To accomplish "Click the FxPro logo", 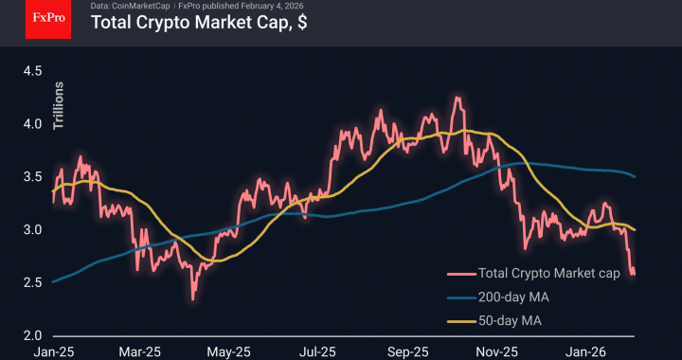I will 49,19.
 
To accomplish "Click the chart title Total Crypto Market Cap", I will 198,24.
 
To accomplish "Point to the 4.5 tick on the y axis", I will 33,71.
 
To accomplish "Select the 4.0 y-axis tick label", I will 33,124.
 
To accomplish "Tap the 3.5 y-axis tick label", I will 33,177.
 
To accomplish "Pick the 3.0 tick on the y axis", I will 33,230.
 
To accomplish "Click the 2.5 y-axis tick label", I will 33,283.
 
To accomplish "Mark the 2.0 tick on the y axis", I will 33,336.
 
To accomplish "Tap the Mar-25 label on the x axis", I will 139,351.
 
